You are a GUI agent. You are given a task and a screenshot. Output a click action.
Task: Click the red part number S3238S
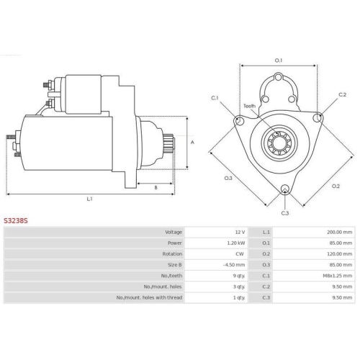point(16,220)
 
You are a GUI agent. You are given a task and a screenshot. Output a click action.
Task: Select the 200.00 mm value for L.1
point(339,232)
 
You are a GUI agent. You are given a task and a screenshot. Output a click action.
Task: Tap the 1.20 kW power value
point(236,243)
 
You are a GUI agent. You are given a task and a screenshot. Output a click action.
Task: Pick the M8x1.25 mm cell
point(338,276)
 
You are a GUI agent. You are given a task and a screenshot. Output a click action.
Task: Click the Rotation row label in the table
point(172,254)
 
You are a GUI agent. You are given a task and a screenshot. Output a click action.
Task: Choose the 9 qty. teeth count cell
point(239,276)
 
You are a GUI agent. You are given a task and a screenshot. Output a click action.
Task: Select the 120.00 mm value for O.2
point(339,254)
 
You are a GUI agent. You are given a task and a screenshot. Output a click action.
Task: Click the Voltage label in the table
point(174,232)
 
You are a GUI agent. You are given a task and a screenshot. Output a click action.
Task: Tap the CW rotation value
point(240,254)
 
